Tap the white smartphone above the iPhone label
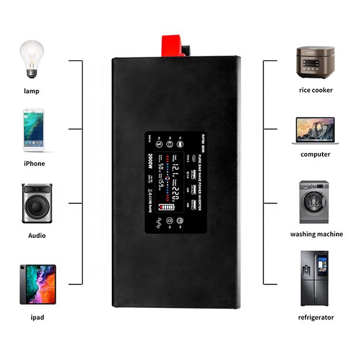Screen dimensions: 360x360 point(34,130)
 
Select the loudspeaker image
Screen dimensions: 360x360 point(37,203)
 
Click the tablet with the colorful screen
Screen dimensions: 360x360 point(37,284)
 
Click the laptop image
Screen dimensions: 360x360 point(315,130)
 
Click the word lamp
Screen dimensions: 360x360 point(32,91)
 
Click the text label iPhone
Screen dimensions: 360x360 point(34,164)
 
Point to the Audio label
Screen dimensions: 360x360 point(37,236)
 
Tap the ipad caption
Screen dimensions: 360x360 point(37,318)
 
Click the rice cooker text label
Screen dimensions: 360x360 point(315,90)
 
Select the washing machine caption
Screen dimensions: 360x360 point(316,234)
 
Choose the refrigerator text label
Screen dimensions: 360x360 point(315,317)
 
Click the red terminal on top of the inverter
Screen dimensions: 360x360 point(173,46)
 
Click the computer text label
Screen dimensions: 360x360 point(315,155)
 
